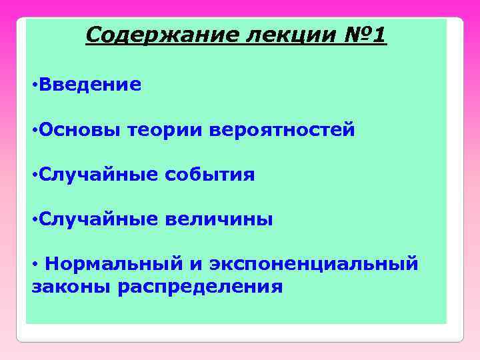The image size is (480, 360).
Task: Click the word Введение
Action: pos(90,85)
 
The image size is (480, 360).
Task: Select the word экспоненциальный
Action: pos(314,264)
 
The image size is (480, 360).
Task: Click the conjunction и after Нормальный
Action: pos(196,265)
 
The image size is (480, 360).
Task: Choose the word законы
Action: pos(71,287)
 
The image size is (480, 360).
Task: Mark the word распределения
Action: pos(200,287)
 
